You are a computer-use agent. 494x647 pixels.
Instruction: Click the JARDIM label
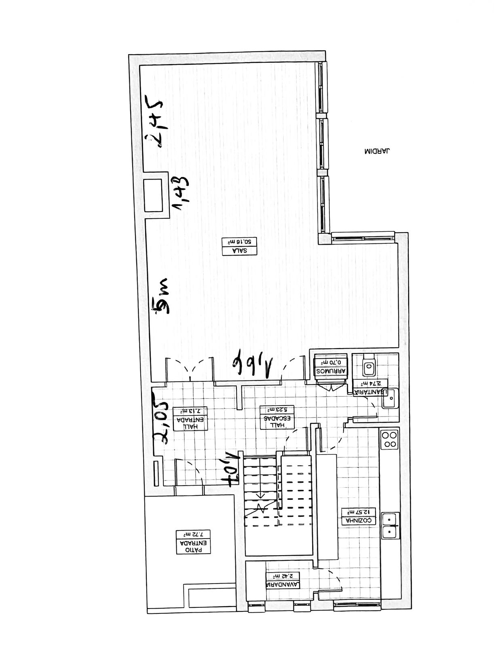378,152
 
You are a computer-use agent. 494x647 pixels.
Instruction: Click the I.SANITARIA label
371,388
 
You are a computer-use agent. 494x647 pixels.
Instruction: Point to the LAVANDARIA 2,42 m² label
283,580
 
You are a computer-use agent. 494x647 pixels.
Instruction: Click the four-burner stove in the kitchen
390,440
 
